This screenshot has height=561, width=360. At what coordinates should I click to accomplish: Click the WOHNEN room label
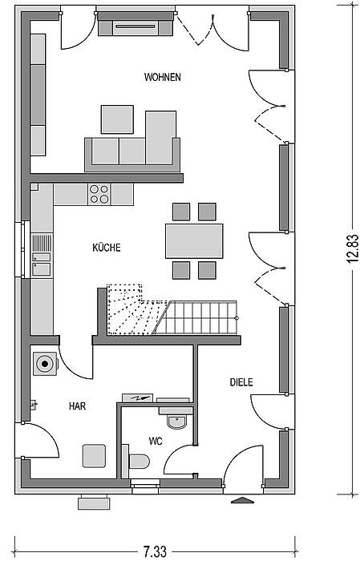(x=163, y=77)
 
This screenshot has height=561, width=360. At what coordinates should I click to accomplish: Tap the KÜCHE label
(x=107, y=248)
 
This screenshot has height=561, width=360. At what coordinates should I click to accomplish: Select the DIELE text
(x=241, y=382)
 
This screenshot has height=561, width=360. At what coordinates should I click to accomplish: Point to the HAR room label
(x=77, y=406)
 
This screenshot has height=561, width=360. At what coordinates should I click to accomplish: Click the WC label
(x=156, y=441)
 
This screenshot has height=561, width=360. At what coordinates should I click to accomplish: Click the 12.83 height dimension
(x=352, y=248)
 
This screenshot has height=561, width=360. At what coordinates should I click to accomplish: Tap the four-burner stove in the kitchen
(x=99, y=194)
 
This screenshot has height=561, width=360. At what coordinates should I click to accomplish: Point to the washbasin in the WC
(x=176, y=422)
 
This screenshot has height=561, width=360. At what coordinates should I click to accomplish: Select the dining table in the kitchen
(x=194, y=241)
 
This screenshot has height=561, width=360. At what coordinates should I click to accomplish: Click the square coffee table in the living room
(x=117, y=119)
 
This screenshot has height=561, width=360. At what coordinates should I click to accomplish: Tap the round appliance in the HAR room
(x=45, y=364)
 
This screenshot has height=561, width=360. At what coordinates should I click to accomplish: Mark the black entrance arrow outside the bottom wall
(x=242, y=500)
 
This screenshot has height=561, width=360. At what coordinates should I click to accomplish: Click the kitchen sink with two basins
(x=42, y=264)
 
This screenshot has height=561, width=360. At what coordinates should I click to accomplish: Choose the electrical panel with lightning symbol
(x=137, y=398)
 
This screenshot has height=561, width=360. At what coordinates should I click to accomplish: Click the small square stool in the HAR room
(x=94, y=455)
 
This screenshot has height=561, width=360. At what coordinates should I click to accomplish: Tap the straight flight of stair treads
(x=197, y=317)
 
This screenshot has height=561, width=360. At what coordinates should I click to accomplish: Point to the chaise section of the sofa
(x=160, y=138)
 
